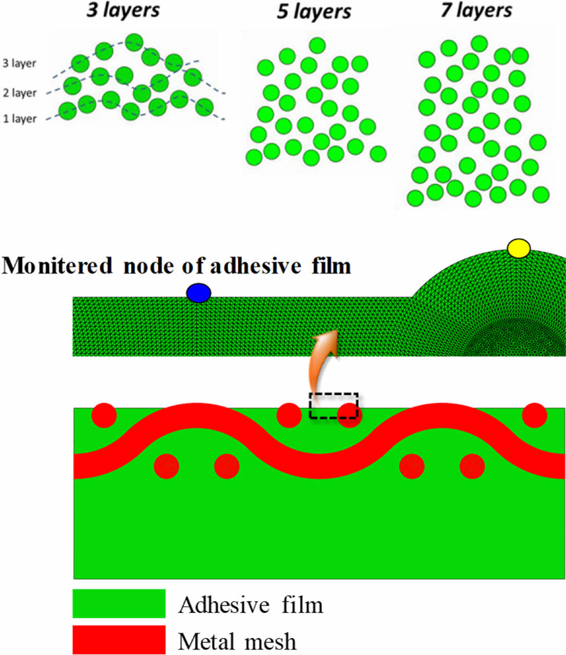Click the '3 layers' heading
point(123,10)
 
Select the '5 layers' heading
point(314,12)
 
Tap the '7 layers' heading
point(476,10)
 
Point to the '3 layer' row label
point(20,64)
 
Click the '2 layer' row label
point(20,93)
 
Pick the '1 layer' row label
point(20,119)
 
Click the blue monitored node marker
point(199,293)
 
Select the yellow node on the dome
point(518,248)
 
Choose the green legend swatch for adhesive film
point(119,603)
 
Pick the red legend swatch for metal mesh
point(119,639)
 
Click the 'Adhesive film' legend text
point(251,605)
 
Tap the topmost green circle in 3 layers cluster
point(134,42)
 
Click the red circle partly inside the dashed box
point(349,415)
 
